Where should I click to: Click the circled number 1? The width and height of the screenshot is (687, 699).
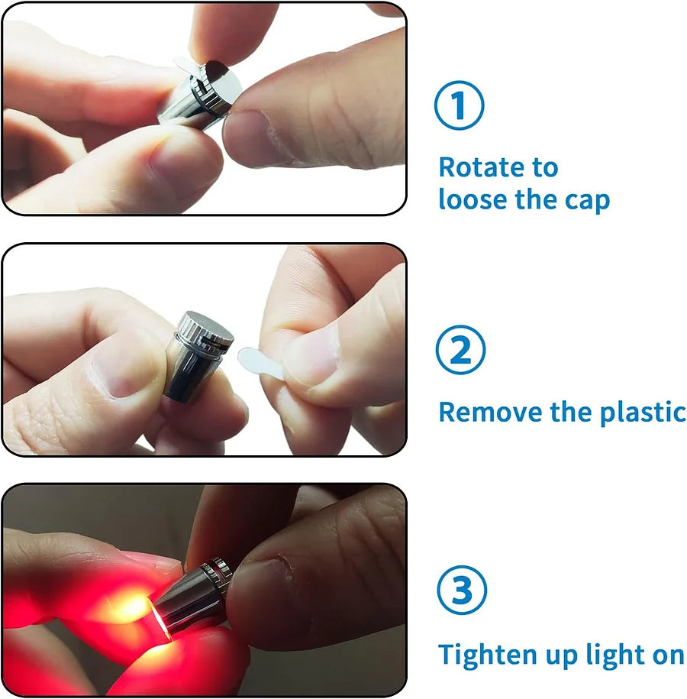pos(460,106)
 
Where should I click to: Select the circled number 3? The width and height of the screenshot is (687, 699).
pos(460,592)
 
